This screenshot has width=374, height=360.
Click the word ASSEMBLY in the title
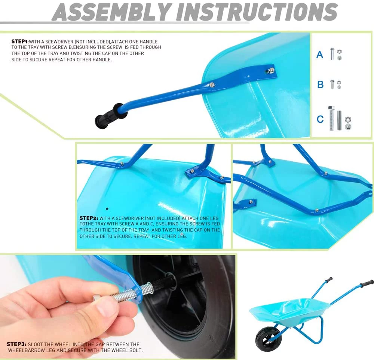pyautogui.click(x=111, y=12)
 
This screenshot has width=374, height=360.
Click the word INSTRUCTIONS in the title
pyautogui.click(x=257, y=12)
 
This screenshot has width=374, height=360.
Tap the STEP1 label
pyautogui.click(x=20, y=42)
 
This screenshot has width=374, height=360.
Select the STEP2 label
pyautogui.click(x=89, y=218)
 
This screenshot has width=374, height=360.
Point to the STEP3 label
pyautogui.click(x=16, y=344)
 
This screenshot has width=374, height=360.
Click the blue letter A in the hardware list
pyautogui.click(x=320, y=54)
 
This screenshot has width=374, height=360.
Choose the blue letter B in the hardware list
pyautogui.click(x=321, y=85)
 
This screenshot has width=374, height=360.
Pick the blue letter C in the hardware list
pyautogui.click(x=320, y=119)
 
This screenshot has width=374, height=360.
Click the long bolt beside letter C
pyautogui.click(x=331, y=118)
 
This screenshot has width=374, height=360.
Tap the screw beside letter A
pyautogui.click(x=332, y=54)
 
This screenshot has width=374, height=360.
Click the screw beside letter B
pyautogui.click(x=332, y=84)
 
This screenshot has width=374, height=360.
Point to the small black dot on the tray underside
pyautogui.click(x=107, y=209)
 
